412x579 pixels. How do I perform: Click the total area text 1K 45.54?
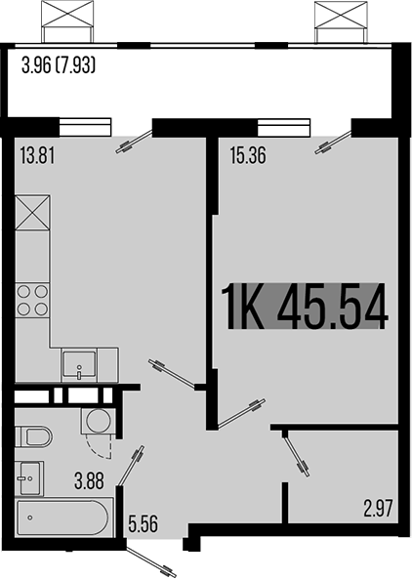coord(305,308)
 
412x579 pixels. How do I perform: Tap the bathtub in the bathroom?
coord(64,518)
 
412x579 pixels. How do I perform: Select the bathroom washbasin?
coord(28,476)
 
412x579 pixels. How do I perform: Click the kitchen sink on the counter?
coord(78,365)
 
